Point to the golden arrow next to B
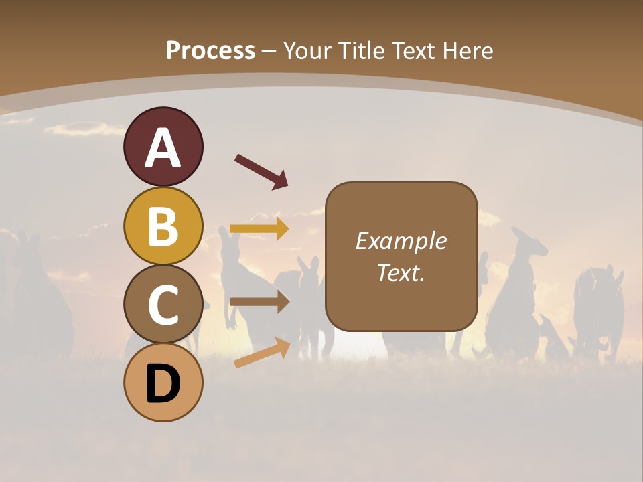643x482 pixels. (x=259, y=228)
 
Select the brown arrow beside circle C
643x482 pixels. (x=259, y=302)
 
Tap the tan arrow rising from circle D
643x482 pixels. (x=262, y=353)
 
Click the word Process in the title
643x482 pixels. (x=210, y=50)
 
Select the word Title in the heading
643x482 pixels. (x=362, y=50)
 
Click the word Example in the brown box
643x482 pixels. (x=401, y=241)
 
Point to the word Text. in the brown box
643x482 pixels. (x=401, y=273)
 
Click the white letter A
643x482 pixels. (x=163, y=147)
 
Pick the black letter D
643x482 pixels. (x=163, y=384)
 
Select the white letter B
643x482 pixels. (x=163, y=226)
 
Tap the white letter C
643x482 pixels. (x=163, y=305)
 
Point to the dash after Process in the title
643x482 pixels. (x=269, y=51)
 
